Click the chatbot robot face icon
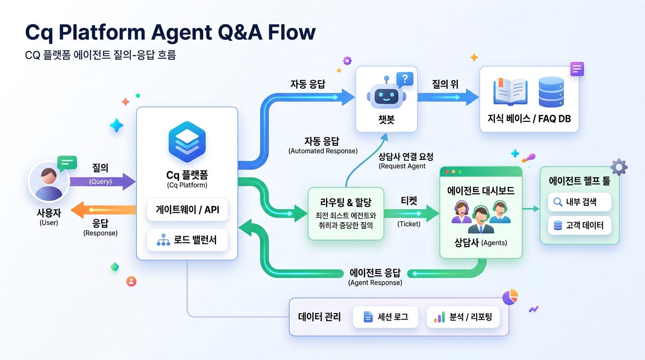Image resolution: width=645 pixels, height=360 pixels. (385, 96)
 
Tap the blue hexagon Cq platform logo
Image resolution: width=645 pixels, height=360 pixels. (187, 142)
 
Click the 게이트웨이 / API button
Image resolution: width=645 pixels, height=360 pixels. (187, 210)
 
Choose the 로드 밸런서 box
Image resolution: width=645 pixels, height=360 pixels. (187, 240)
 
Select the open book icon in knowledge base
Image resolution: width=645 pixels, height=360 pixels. (510, 92)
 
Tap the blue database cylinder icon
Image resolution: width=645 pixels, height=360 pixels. (551, 92)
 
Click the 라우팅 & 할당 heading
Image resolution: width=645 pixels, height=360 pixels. (345, 202)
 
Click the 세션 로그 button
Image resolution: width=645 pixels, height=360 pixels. (386, 317)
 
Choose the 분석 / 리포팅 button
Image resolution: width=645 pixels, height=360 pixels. (463, 317)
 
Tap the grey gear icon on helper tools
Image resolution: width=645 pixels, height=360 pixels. (619, 167)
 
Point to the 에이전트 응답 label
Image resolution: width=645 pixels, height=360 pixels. (375, 273)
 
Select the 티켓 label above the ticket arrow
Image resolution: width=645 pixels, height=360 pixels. (409, 201)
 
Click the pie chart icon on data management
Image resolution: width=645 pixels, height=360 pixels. (510, 297)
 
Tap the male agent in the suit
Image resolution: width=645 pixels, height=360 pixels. (481, 220)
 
